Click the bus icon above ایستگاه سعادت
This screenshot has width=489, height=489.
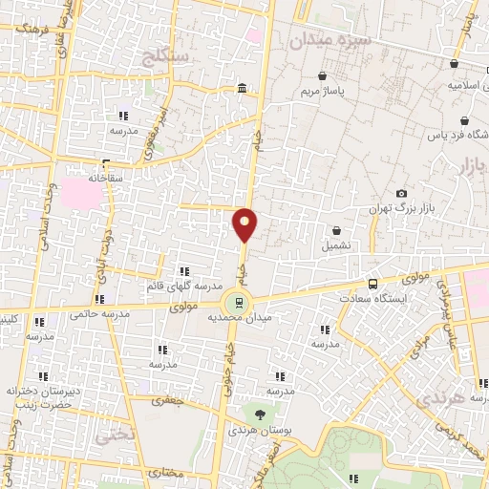coord(372,283)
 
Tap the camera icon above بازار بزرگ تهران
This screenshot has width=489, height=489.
coord(401,194)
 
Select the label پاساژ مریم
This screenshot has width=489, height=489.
coord(322,91)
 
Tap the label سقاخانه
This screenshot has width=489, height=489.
coord(107,177)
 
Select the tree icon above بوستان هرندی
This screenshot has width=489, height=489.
coord(260,414)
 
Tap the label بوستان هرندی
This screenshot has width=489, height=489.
coord(259,431)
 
